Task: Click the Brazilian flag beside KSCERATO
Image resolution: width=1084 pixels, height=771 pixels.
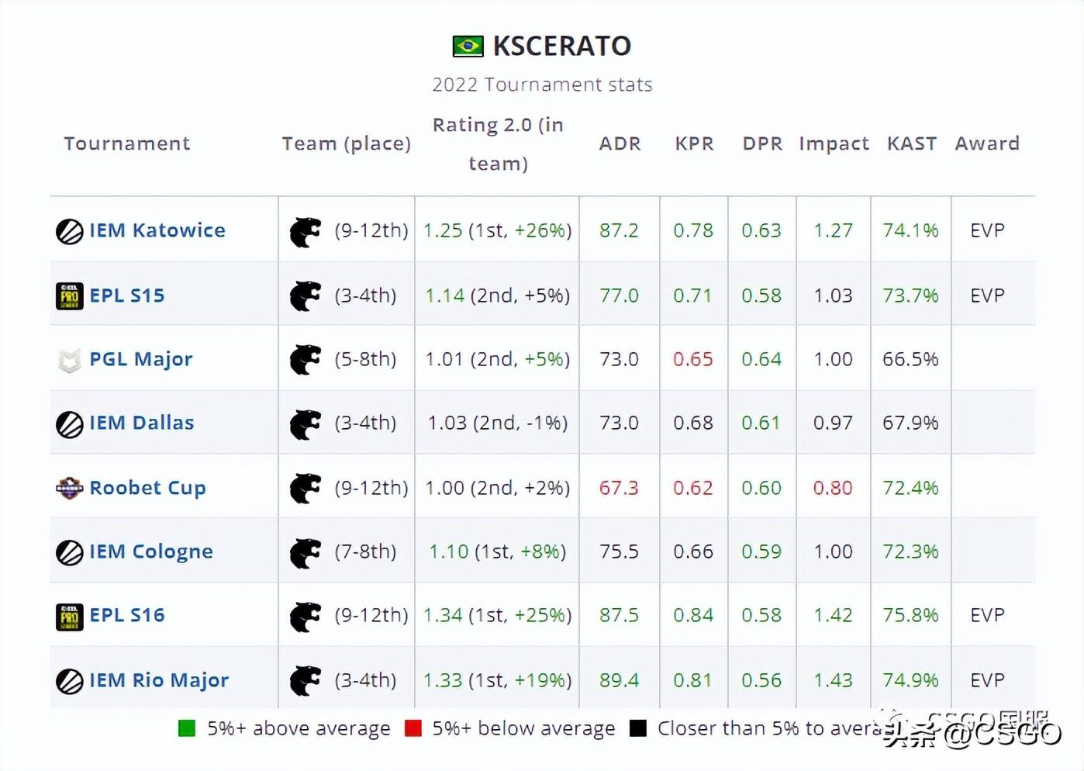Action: coord(468,46)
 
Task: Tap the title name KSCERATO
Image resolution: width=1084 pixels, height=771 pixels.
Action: coord(562,46)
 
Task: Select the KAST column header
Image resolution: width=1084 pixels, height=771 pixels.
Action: coord(911,143)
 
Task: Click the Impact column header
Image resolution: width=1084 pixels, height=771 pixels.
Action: coord(834,144)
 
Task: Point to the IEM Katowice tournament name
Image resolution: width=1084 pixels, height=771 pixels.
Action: coord(157,230)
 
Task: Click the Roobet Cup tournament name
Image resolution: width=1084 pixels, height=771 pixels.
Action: coord(147,488)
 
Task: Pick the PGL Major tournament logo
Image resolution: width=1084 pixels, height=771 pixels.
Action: coord(70,360)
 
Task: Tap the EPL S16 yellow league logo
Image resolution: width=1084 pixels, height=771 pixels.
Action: coord(70,617)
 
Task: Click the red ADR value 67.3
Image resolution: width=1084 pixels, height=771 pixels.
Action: coord(619,488)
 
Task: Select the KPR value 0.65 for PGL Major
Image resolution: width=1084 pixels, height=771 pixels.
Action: coord(692,359)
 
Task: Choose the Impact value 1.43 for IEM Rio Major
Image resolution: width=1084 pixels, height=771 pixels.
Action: coord(833,680)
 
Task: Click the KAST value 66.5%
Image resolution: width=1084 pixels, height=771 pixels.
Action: coord(910,359)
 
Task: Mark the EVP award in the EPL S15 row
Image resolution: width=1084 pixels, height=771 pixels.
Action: coord(987,296)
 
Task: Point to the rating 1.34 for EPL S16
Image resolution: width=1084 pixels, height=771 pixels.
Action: coord(443,615)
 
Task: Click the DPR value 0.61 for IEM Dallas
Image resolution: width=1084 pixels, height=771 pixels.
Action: coord(761,423)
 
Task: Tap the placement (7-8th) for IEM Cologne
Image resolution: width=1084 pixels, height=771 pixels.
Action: coord(365,551)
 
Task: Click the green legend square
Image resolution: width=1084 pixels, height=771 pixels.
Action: coord(187,728)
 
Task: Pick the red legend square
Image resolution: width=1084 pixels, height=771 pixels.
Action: coord(413,728)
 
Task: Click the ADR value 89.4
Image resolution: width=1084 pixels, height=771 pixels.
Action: coord(619,680)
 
